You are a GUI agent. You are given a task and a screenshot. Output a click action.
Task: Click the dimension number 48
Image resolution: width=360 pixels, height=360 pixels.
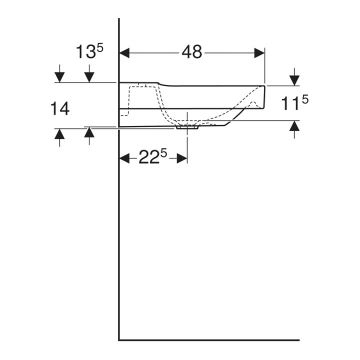[192, 52]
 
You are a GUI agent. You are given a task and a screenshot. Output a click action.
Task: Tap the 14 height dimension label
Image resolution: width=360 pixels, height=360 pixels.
[60, 109]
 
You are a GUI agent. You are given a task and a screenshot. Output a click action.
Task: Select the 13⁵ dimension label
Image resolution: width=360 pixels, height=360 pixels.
[89, 51]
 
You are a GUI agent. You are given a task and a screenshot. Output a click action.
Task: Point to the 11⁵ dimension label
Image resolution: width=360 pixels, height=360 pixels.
[295, 103]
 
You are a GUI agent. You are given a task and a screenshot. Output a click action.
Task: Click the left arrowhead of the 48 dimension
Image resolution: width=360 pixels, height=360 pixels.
[124, 53]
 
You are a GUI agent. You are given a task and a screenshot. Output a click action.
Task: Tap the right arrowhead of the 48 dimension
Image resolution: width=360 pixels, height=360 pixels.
[259, 53]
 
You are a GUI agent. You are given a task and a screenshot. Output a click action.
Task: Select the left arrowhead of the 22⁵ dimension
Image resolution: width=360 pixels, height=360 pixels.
[124, 158]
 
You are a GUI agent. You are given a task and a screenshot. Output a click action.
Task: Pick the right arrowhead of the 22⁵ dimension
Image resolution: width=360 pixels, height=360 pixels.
[182, 158]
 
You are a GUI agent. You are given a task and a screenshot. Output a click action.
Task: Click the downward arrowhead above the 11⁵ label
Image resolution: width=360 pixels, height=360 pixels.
[294, 80]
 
